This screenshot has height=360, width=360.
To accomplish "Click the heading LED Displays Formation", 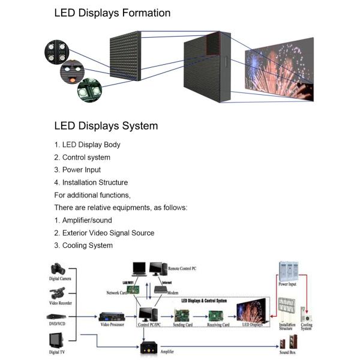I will pyautogui.click(x=112, y=13).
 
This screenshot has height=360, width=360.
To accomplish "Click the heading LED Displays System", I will pyautogui.click(x=106, y=126).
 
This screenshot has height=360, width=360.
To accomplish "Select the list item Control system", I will pyautogui.click(x=82, y=157).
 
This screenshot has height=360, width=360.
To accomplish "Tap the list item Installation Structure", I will pyautogui.click(x=91, y=182).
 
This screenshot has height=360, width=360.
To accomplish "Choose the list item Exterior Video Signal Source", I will pyautogui.click(x=104, y=233).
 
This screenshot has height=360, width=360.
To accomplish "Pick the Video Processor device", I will pyautogui.click(x=113, y=316).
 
